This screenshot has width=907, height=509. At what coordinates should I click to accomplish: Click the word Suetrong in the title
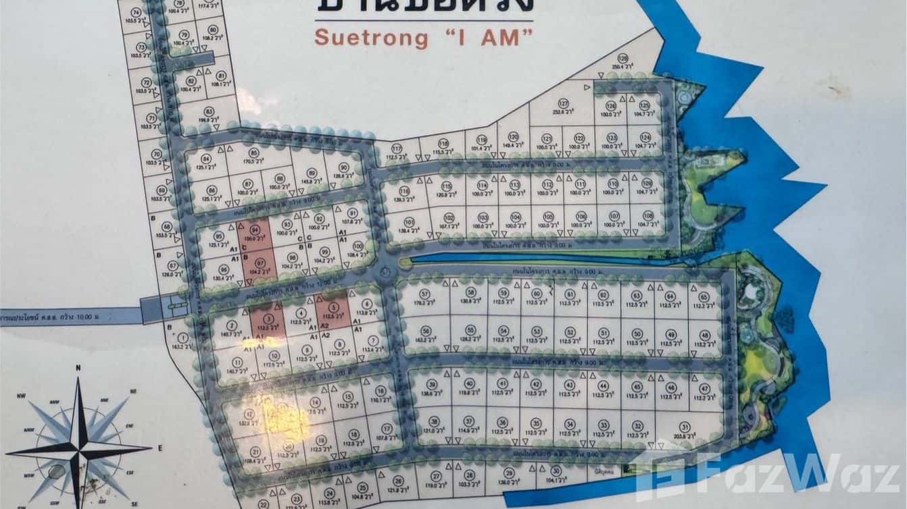coord(370,38)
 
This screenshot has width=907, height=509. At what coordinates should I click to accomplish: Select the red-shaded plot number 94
coord(255,230)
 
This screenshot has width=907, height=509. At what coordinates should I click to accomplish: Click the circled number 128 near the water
coord(623,58)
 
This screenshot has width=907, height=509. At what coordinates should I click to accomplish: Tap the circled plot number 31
coord(684,426)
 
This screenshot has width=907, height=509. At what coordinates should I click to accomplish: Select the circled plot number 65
coord(703,296)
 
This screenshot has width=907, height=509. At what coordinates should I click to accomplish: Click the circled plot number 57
coord(424,294)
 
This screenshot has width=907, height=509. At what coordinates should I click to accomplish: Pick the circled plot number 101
coord(408,221)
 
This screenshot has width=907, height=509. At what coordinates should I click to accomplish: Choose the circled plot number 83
coord(209,111)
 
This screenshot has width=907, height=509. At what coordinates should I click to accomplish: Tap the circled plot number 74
coord(136,12)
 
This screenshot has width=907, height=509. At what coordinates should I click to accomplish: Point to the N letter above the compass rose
coord(78,368)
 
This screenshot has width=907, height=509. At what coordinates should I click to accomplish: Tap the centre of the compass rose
coord(79,447)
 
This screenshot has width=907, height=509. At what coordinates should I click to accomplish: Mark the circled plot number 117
coord(397,149)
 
